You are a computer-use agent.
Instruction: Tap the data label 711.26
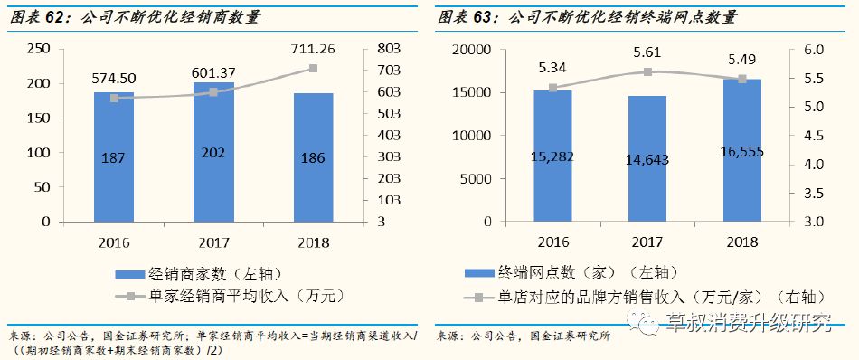click(313, 50)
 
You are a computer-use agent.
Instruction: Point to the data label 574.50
click(114, 79)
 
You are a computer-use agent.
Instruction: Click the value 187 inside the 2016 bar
click(114, 156)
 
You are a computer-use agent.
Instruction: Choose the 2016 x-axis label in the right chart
click(552, 242)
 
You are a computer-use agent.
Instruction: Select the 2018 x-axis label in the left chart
click(313, 242)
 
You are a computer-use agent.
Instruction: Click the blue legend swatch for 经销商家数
click(122, 273)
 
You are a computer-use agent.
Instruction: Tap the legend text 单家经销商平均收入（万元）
click(242, 295)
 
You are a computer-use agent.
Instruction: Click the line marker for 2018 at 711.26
click(313, 69)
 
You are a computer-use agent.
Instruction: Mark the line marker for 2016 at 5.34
click(552, 88)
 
